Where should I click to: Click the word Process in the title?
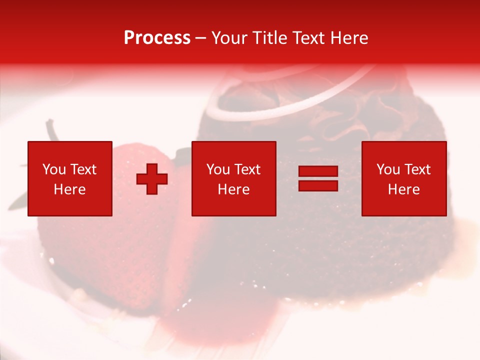click(157, 38)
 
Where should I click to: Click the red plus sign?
click(152, 179)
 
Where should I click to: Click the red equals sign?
click(318, 179)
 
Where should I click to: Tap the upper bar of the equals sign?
click(318, 171)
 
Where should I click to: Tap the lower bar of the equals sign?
click(318, 186)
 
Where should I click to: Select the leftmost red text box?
click(69, 178)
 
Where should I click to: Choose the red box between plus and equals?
click(233, 178)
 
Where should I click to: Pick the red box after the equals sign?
click(403, 178)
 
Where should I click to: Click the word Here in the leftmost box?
click(69, 189)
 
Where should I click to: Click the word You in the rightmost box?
click(388, 169)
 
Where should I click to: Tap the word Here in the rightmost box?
click(403, 189)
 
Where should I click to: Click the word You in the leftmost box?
click(54, 169)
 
